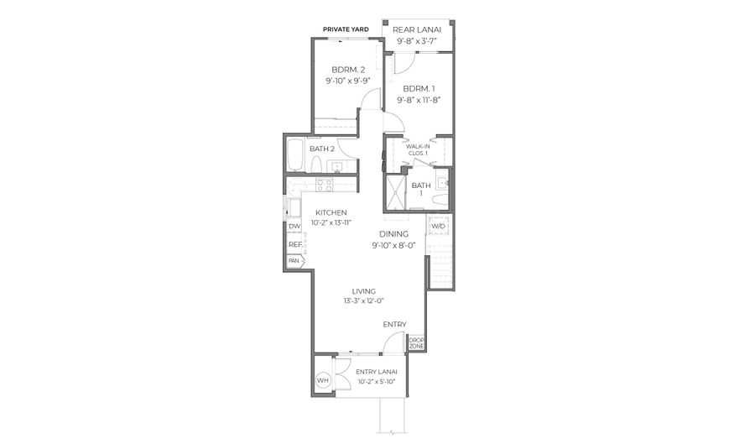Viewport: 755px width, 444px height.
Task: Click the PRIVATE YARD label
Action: (x=346, y=29)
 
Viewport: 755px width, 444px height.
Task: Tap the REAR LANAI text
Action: (x=417, y=29)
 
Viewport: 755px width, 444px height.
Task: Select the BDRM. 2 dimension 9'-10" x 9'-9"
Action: (x=348, y=81)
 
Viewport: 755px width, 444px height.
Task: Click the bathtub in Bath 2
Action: (x=296, y=153)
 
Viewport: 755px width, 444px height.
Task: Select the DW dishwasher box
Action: (x=294, y=227)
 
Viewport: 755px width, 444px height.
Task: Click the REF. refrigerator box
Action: (x=294, y=244)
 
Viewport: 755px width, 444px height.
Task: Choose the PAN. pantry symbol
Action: (x=294, y=261)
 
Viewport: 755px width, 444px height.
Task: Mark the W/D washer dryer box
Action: (x=438, y=227)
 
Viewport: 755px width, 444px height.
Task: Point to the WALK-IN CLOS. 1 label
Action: (x=417, y=149)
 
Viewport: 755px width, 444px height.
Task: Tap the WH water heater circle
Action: (x=323, y=380)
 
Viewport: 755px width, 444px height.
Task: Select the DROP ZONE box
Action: (x=416, y=342)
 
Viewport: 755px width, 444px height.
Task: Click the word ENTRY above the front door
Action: (x=394, y=324)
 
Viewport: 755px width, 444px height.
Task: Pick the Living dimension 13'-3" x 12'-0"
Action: (x=363, y=301)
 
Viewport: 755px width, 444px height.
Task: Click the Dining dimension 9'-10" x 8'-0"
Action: (x=393, y=245)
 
